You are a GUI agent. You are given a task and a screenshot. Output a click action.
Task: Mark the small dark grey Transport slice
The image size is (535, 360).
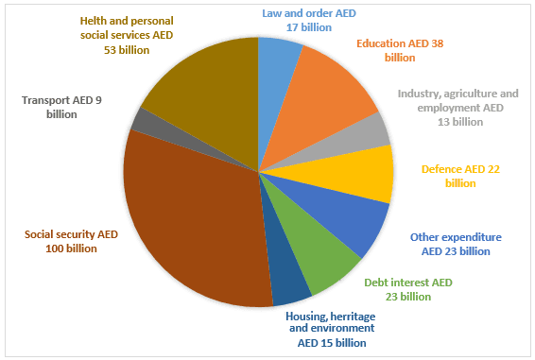coord(142,120)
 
